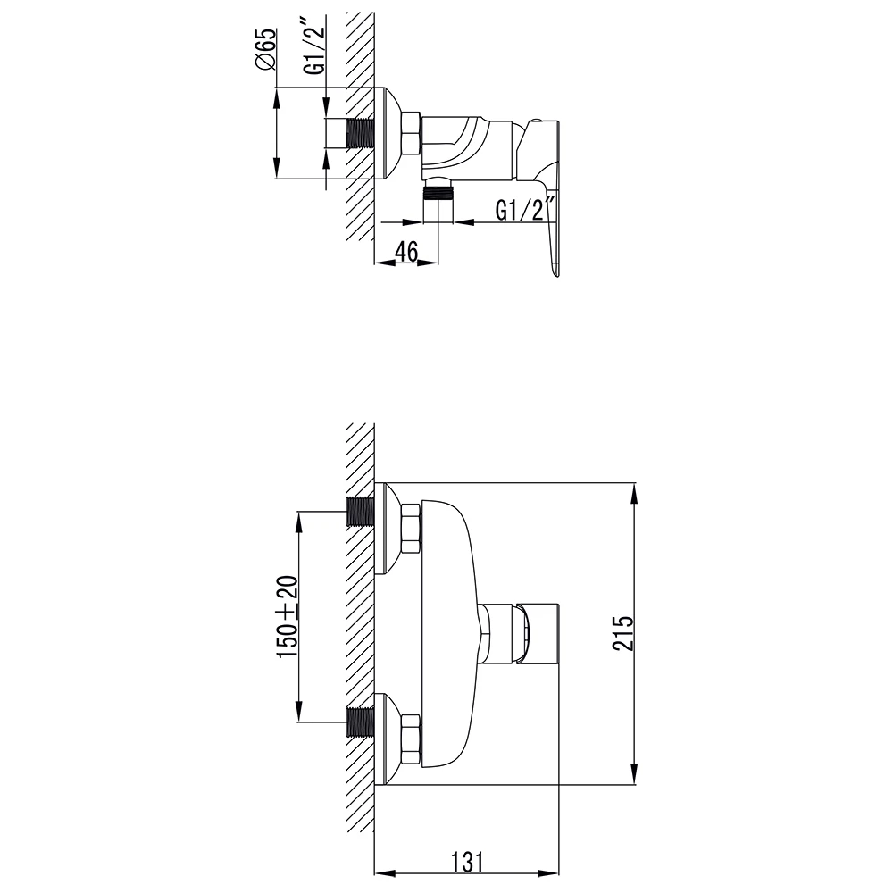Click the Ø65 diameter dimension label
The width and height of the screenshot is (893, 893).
(x=265, y=49)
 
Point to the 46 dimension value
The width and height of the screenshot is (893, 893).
(x=406, y=251)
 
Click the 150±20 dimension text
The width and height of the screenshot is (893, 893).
(x=288, y=617)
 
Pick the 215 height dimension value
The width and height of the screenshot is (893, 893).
(x=622, y=632)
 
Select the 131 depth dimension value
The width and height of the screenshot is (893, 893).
(x=466, y=862)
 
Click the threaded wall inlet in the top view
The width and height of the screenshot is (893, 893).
(x=360, y=133)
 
